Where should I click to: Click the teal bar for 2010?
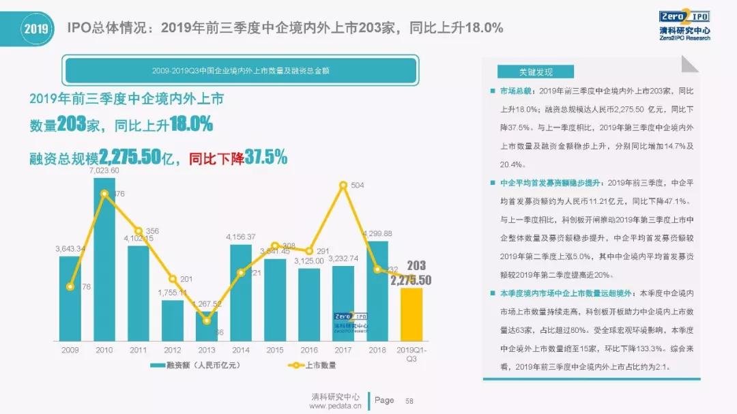[104, 259]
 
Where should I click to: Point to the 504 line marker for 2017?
[343, 185]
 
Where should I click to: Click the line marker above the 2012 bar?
[173, 279]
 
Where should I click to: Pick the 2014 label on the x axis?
[241, 349]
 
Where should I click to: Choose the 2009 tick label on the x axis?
[70, 349]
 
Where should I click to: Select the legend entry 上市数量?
[310, 366]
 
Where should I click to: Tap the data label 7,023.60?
[104, 171]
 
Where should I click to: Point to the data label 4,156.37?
[241, 237]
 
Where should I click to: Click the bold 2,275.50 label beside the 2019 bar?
[411, 280]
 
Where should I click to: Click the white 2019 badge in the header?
[35, 28]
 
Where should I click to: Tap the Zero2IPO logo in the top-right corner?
[684, 25]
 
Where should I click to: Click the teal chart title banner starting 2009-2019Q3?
[240, 71]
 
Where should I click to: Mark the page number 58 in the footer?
[409, 400]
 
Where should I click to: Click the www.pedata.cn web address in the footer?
[334, 406]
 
